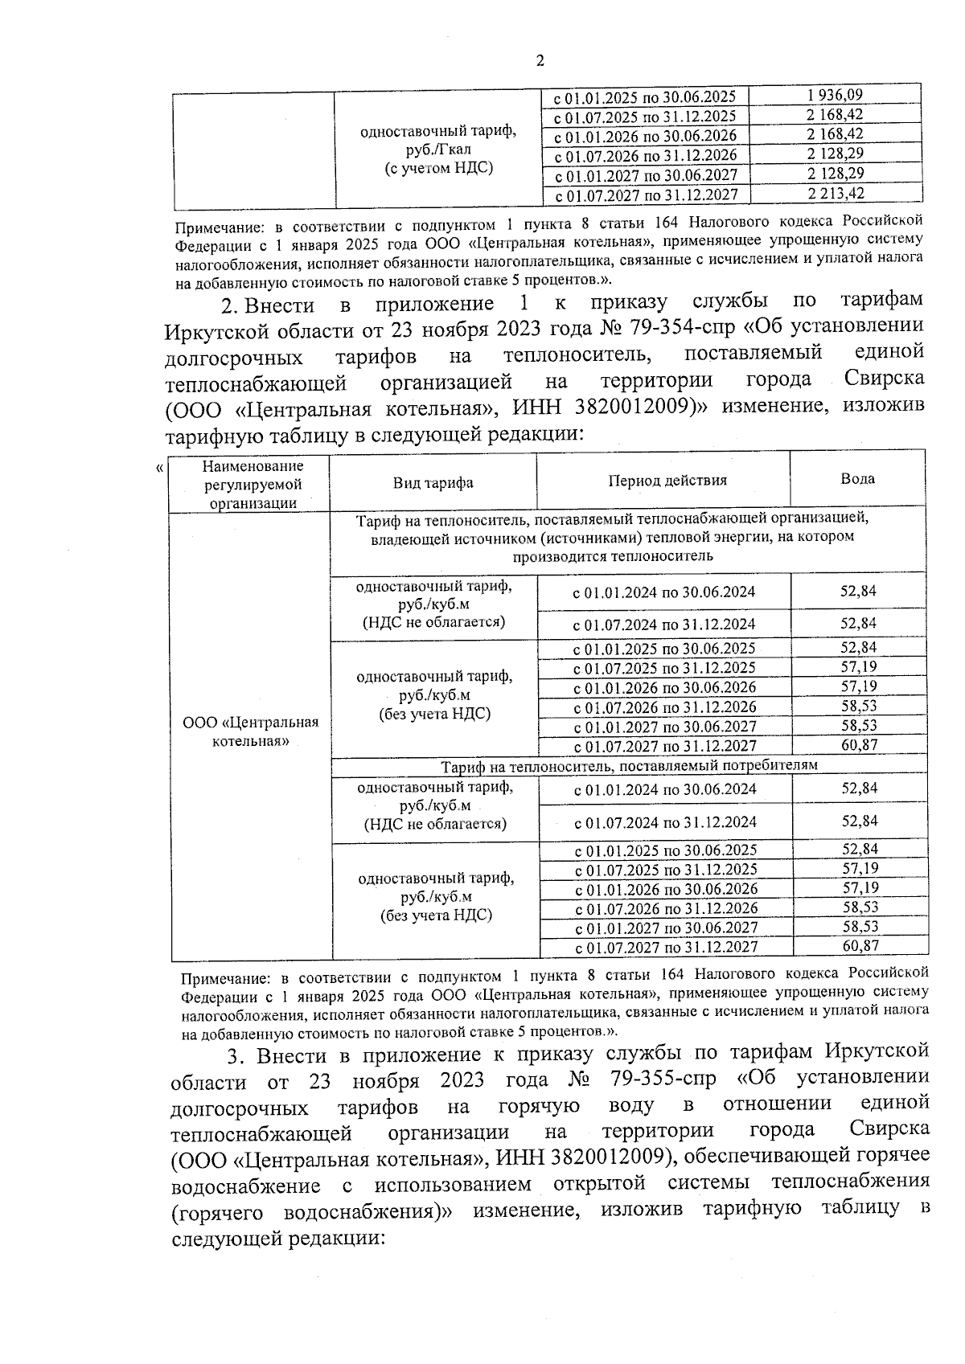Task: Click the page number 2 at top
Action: pos(540,60)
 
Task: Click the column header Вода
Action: pos(857,479)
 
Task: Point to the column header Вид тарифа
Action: pos(433,483)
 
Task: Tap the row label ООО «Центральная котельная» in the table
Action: pos(251,731)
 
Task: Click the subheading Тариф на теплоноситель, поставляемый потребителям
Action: pos(629,765)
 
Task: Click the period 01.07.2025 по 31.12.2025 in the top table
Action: pos(645,117)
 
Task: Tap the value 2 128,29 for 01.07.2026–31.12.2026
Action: pos(836,154)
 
